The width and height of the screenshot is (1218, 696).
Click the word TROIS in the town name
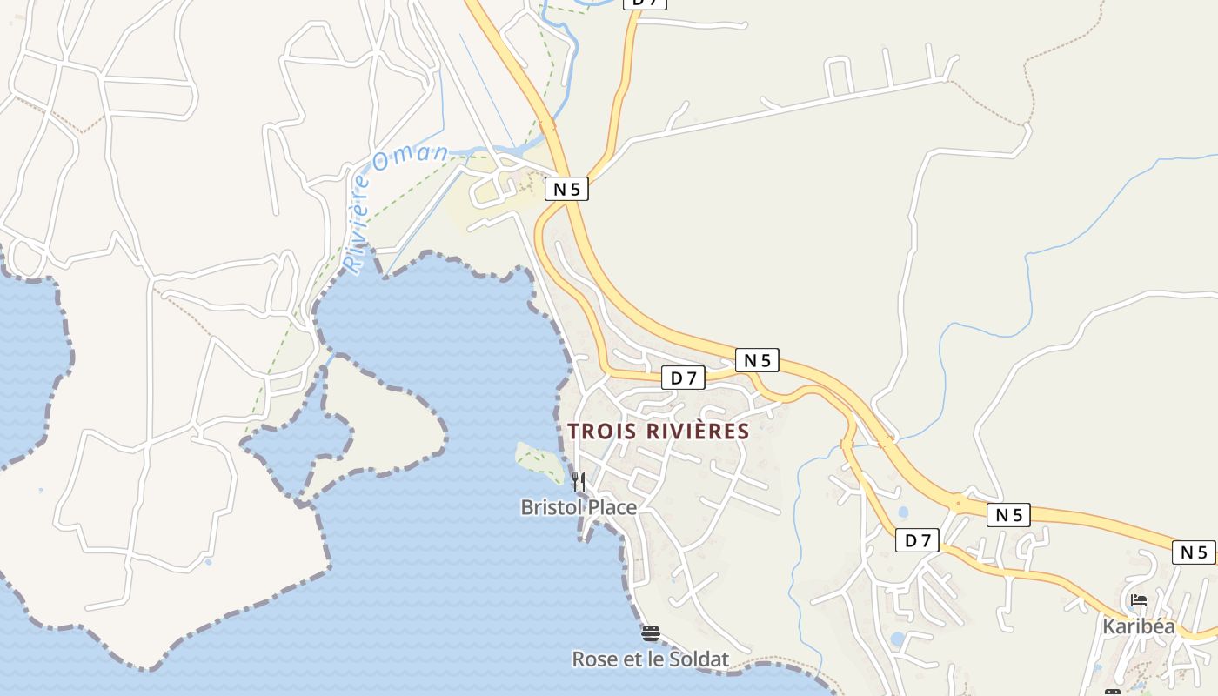tap(600, 432)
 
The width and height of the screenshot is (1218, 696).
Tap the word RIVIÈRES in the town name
tap(697, 432)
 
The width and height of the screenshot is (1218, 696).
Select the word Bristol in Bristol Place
tap(552, 507)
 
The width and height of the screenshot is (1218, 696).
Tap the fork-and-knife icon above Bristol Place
tap(578, 481)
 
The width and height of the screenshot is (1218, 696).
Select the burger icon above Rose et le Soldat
tap(650, 632)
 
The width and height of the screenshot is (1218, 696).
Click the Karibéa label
tap(1139, 626)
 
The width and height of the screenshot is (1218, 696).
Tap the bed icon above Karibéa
tap(1138, 600)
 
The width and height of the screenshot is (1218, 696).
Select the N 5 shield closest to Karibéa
tap(1194, 552)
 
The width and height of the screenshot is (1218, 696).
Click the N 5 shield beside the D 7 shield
tap(756, 360)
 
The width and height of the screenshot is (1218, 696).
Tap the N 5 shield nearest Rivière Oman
tap(566, 189)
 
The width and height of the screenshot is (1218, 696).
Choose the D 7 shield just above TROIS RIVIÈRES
tap(683, 378)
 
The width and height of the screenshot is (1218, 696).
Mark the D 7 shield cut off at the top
tap(646, 3)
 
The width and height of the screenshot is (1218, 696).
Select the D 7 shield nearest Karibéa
tap(917, 540)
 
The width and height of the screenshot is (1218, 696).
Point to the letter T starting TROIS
tap(573, 432)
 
